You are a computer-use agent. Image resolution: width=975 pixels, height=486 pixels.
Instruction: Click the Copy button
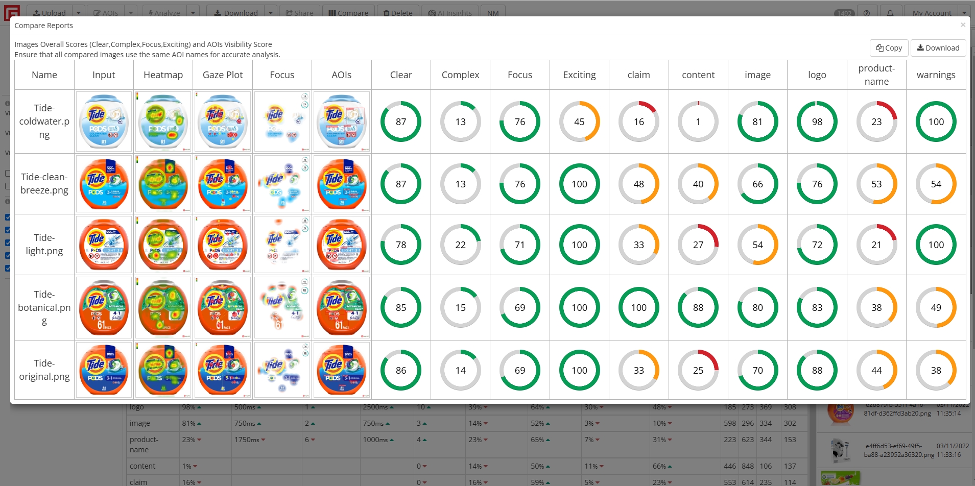click(889, 48)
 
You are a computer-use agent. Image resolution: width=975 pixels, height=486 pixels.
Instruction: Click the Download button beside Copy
click(938, 48)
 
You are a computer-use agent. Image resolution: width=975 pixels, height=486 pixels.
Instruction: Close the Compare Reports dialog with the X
click(963, 25)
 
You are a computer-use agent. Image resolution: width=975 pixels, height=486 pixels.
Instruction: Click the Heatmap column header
click(163, 75)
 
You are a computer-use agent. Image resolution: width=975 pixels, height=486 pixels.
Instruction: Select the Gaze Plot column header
click(223, 75)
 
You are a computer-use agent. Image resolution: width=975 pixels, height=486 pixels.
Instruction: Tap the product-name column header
click(876, 75)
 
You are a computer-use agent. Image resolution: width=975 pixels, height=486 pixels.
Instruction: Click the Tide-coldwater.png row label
click(44, 121)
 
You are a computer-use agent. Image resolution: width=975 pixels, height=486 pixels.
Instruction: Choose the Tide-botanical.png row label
click(44, 307)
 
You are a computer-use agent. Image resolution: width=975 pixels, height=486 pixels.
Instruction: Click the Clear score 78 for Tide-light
click(401, 245)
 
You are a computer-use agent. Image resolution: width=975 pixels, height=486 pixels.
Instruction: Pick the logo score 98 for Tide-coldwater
click(817, 121)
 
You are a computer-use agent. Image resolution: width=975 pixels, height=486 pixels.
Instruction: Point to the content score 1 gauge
click(698, 121)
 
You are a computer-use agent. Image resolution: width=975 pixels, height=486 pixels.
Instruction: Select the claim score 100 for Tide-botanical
click(639, 307)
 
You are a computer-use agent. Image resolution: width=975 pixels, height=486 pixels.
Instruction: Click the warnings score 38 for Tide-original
click(936, 370)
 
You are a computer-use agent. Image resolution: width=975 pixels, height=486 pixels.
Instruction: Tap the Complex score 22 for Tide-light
click(460, 245)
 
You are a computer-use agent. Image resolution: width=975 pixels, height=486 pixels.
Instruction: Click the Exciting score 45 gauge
click(579, 121)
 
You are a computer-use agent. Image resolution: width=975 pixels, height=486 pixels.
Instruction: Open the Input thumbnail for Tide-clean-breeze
click(104, 184)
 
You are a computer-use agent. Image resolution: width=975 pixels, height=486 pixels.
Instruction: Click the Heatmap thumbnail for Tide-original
click(163, 370)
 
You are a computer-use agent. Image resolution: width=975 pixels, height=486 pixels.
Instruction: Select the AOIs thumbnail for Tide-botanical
click(342, 307)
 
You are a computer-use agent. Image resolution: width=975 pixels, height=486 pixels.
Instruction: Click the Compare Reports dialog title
click(44, 26)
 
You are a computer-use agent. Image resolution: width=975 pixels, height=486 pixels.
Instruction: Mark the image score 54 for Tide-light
click(757, 245)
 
